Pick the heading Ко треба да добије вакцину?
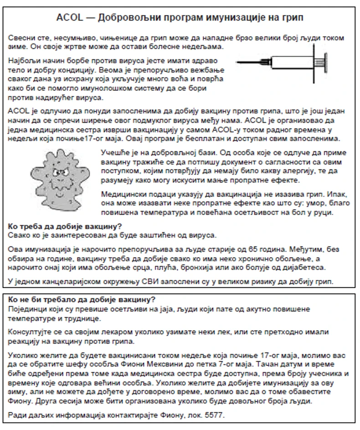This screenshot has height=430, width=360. point(67,226)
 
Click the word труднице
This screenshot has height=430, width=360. point(65,318)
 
